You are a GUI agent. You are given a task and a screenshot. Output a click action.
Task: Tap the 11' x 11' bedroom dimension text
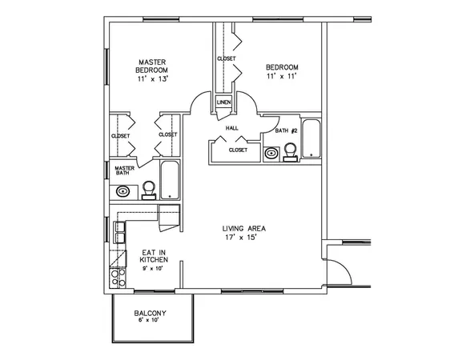282,75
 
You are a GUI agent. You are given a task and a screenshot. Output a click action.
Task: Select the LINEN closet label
223,102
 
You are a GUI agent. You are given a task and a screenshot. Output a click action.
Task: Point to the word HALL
232,127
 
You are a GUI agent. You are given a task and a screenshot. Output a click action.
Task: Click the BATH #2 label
287,130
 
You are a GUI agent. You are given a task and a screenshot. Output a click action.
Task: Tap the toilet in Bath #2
291,152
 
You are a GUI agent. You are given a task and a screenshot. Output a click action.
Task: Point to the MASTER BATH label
124,170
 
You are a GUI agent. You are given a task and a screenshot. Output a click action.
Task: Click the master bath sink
124,190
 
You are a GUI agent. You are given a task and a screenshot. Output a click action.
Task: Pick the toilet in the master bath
148,190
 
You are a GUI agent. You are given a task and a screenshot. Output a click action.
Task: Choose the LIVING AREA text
244,229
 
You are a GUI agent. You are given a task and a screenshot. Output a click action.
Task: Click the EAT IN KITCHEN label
154,255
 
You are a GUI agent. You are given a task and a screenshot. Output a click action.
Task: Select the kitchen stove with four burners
119,278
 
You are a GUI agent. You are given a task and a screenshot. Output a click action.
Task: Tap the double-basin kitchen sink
119,232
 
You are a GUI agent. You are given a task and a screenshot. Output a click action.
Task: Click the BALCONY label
151,314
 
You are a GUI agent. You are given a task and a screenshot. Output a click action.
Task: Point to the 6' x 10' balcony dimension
151,321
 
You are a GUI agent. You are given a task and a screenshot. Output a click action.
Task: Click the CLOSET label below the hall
237,150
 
